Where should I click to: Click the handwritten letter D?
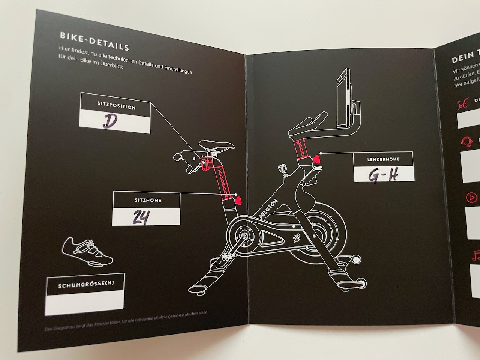coord(110,121)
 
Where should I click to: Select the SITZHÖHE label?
coord(148,200)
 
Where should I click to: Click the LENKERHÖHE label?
coord(383,159)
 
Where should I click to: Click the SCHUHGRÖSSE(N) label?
coord(86,285)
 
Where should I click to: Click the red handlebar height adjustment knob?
coord(317,159)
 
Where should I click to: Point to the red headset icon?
coord(466,142)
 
